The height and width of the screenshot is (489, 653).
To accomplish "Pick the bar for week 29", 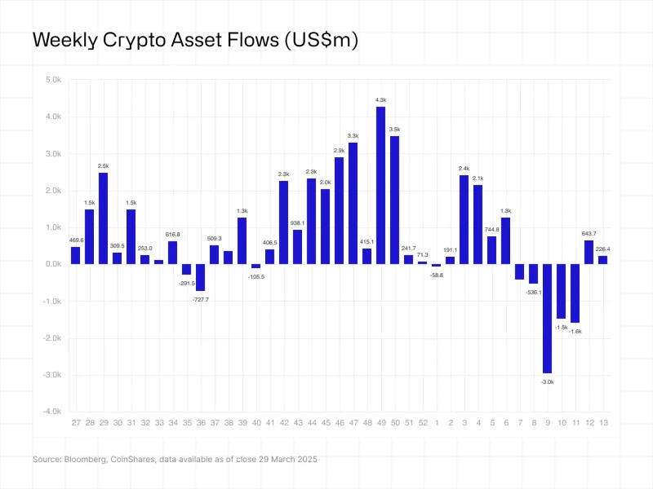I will coord(103,218).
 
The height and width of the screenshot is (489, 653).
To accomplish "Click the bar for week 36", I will coord(200,277).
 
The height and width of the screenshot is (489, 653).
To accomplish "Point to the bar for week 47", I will coord(353,203).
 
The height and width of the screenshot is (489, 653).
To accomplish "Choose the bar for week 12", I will coord(589,252).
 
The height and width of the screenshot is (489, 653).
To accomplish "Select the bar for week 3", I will coord(464,219).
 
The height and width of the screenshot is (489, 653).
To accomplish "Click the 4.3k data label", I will coord(380,100).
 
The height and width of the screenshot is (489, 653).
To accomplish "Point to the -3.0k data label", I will coord(547,381).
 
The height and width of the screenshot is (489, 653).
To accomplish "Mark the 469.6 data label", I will coord(75,240).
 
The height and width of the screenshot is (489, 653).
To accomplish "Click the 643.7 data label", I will coord(589,234).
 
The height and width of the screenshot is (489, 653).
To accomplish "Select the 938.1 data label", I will coord(297,223).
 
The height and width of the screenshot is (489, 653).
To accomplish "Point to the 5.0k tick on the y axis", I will coord(53,80).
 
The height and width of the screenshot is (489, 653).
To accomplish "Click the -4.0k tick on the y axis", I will coord(51,412).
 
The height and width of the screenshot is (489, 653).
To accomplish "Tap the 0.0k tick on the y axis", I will coord(53,264).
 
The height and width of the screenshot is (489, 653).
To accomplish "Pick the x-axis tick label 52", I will coord(422,424).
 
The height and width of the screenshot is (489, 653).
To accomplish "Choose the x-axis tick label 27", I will coord(75,424).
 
